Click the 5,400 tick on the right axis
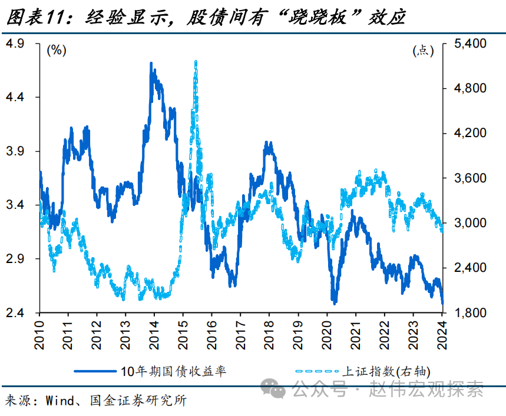[465, 44]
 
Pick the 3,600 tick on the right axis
[465, 178]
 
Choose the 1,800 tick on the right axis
[465, 313]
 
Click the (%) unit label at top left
[57, 51]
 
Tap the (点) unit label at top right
[423, 51]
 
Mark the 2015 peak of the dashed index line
[195, 61]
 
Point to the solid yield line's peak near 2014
[152, 64]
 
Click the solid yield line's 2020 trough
[334, 302]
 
